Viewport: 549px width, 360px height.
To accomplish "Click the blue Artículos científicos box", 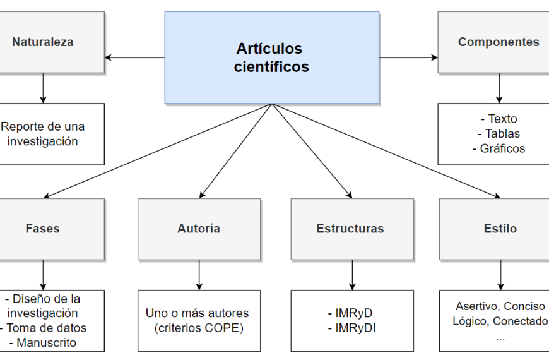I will click(272, 57).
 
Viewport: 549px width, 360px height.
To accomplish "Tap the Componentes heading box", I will click(499, 42).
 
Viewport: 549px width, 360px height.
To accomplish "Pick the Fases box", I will click(43, 229).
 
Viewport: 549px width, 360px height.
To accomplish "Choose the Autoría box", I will click(199, 229).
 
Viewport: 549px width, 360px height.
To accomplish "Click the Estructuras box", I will click(350, 229).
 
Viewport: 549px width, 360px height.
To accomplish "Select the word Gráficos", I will click(502, 149).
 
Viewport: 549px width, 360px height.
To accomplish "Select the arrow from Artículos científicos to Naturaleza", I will click(134, 57).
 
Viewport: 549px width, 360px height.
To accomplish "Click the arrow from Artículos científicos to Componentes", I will click(409, 57).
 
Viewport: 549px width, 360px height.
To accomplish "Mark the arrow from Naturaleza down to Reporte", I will click(43, 88).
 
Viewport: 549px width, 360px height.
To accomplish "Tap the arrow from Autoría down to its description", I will click(199, 275).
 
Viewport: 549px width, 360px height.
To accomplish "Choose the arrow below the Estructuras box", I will click(352, 275).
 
